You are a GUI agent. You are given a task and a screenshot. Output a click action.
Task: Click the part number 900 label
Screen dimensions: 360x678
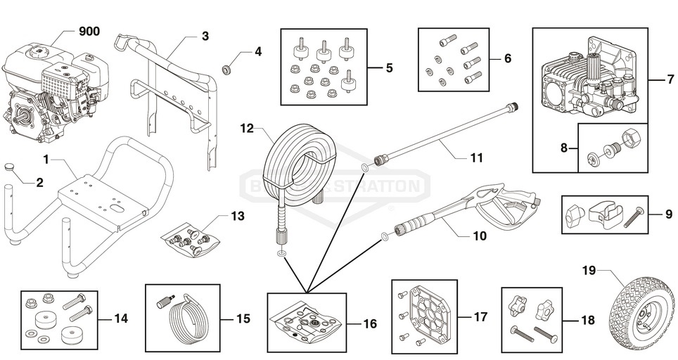89,32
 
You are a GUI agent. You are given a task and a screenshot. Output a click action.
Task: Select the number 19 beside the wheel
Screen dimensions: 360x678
589,269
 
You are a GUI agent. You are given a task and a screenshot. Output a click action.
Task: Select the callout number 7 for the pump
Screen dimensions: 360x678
671,79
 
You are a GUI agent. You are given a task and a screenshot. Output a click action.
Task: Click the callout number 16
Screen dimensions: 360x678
370,324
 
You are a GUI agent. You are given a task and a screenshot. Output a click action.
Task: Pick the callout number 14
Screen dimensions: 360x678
120,319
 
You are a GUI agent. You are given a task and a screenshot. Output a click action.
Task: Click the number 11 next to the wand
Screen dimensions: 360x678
477,158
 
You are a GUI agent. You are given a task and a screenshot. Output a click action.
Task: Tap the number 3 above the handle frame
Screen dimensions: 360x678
205,35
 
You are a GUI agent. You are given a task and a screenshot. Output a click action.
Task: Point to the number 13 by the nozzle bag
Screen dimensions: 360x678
238,216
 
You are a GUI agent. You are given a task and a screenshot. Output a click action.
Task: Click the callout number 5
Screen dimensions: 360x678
389,68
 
